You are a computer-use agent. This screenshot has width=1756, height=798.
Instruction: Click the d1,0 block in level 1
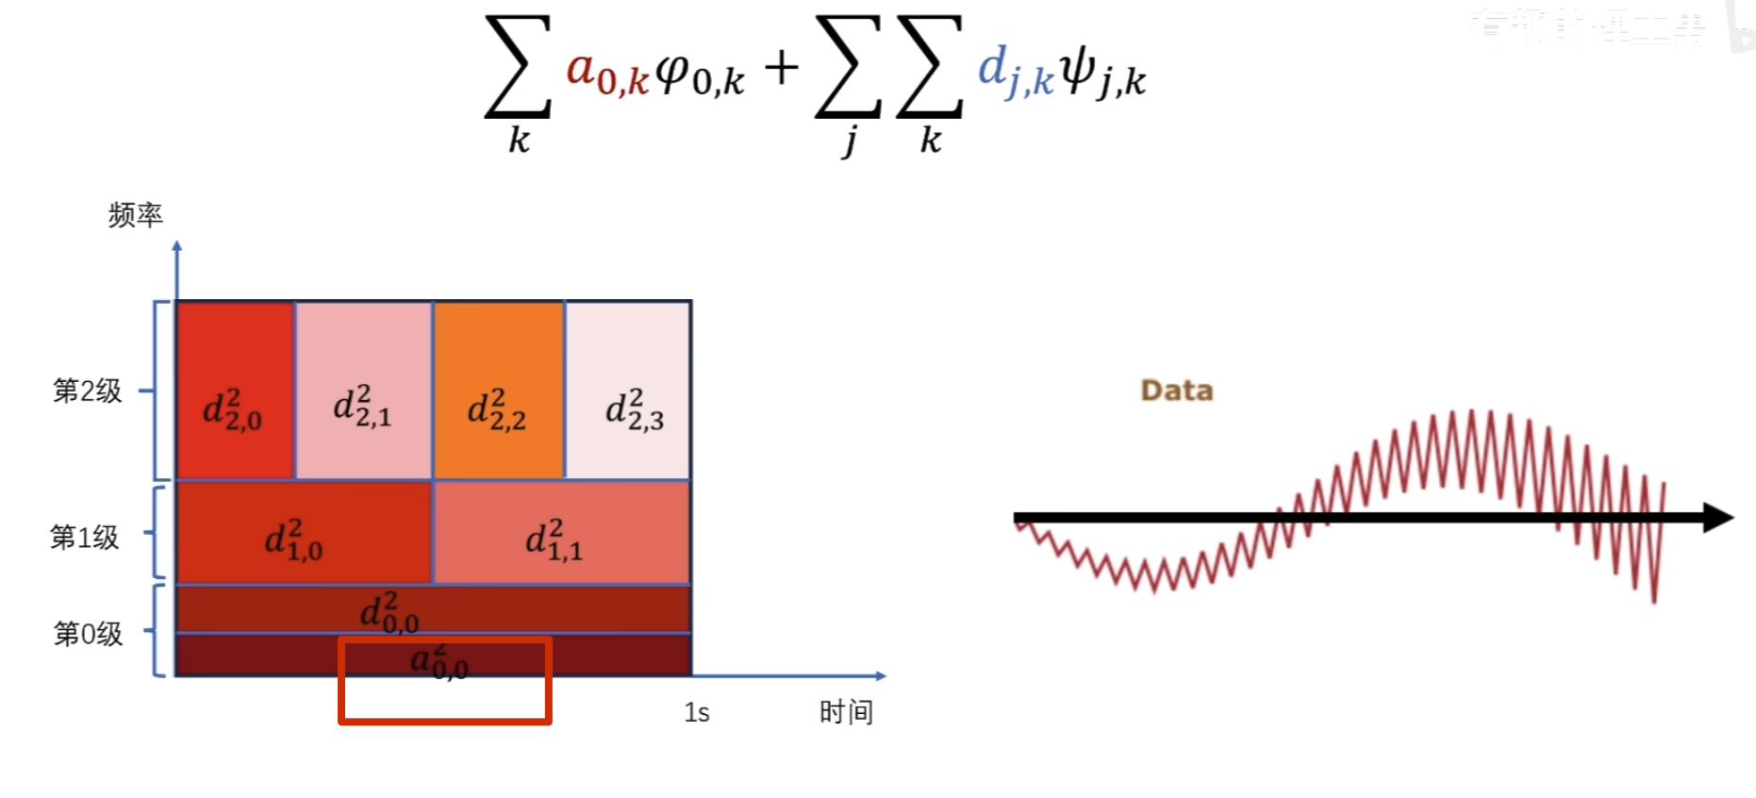pyautogui.click(x=303, y=533)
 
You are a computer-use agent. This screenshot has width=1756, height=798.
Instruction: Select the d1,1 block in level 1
pyautogui.click(x=561, y=533)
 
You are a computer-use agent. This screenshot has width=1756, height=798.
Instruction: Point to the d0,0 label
pyautogui.click(x=389, y=612)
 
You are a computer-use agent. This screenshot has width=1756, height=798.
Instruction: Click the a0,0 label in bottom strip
pyautogui.click(x=439, y=660)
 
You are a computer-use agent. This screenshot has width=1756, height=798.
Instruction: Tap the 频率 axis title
pyautogui.click(x=136, y=215)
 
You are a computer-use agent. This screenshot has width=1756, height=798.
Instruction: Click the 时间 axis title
pyautogui.click(x=846, y=712)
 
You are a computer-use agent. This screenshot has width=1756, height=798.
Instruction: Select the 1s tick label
pyautogui.click(x=696, y=713)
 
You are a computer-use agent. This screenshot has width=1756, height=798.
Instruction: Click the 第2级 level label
pyautogui.click(x=88, y=391)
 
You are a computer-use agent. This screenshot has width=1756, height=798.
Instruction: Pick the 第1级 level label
pyautogui.click(x=85, y=537)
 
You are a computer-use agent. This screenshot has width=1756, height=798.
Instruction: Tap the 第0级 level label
pyautogui.click(x=88, y=634)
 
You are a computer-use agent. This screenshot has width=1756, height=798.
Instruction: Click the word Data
pyautogui.click(x=1176, y=391)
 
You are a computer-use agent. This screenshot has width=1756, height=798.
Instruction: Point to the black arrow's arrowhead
pyautogui.click(x=1718, y=517)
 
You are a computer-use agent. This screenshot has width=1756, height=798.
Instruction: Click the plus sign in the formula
pyautogui.click(x=781, y=68)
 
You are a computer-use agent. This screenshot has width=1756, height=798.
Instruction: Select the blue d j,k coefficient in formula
pyautogui.click(x=1014, y=72)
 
